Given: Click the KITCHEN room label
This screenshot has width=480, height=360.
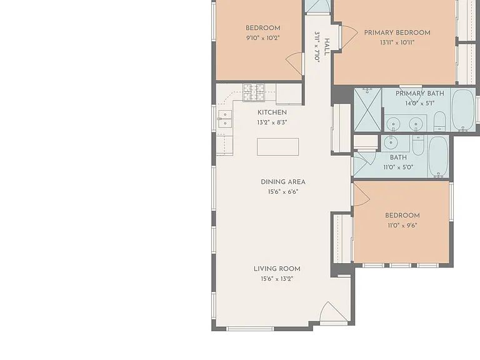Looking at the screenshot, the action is (272, 112).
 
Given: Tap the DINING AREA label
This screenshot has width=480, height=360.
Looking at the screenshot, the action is (283, 182).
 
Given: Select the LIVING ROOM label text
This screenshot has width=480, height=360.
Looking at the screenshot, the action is (277, 269).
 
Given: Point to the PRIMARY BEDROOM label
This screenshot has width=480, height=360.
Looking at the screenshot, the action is (397, 32).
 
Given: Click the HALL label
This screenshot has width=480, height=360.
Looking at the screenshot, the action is (327, 47).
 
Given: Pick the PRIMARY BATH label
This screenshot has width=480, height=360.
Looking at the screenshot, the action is (420, 93).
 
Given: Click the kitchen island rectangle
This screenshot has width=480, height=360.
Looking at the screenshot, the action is (278, 147).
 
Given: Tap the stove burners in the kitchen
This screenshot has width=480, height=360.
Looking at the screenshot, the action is (254, 92).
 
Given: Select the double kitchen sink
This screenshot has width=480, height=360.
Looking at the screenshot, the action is (225, 119).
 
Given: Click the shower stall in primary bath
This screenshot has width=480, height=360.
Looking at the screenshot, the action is (367, 110).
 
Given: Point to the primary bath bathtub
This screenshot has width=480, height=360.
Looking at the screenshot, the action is (463, 110).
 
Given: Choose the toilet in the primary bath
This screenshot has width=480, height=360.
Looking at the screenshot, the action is (439, 121).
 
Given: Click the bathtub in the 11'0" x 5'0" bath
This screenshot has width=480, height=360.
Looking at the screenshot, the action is (438, 156).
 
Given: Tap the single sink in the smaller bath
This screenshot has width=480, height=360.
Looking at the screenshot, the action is (391, 142).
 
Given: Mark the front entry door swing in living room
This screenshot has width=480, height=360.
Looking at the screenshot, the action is (334, 311).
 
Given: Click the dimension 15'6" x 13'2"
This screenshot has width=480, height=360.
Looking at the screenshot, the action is (277, 279).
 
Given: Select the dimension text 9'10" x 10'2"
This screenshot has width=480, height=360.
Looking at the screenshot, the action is (263, 38).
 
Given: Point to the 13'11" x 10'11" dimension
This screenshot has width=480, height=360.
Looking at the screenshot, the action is (397, 42).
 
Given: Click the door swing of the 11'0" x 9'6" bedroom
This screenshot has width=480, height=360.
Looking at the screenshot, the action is (361, 195).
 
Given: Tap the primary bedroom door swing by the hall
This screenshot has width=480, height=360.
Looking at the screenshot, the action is (349, 37).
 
